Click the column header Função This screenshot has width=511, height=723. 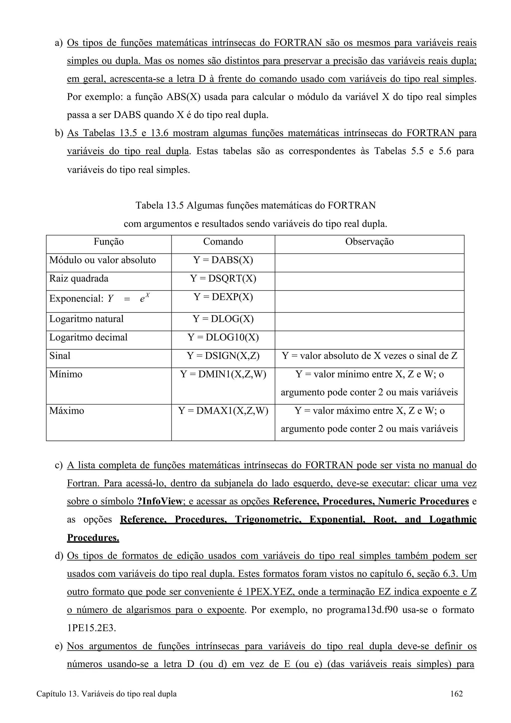109,241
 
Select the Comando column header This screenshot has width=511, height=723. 223,241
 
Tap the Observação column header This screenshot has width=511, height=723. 369,241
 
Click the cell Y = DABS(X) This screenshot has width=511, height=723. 223,260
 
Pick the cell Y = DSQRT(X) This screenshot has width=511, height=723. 223,278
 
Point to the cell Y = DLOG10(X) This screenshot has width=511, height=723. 223,338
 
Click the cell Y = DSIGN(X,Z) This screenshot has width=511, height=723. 223,356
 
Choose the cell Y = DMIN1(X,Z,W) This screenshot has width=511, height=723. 223,374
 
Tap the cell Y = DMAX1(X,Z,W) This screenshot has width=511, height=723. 223,411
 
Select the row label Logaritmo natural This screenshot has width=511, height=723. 86,319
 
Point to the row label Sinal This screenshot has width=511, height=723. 60,356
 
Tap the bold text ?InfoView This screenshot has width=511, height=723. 160,501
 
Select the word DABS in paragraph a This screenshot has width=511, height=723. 127,115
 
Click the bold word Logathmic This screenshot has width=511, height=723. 453,520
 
